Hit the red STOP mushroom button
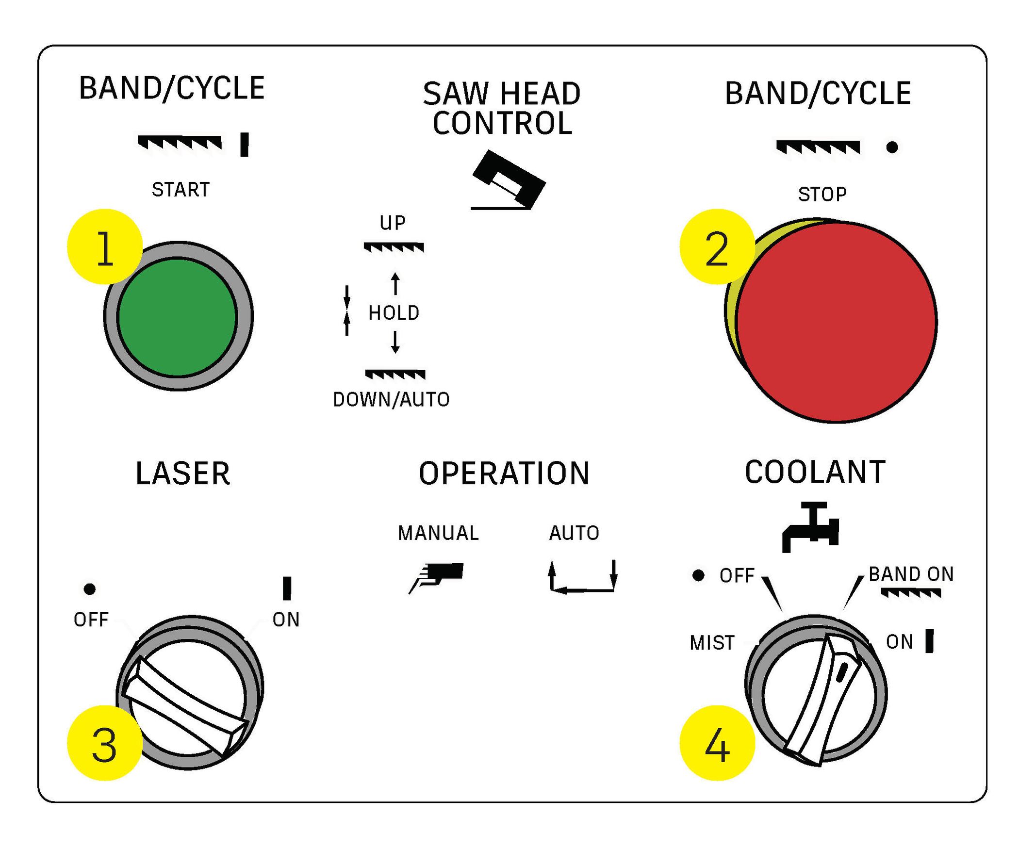(x=836, y=322)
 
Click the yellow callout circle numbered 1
(x=105, y=246)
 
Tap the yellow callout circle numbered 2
(x=717, y=246)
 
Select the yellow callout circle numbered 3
(x=105, y=742)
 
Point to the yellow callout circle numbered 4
(x=717, y=742)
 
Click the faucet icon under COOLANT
(x=810, y=527)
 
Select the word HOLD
(x=394, y=313)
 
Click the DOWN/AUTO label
(x=392, y=400)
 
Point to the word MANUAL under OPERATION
(x=438, y=533)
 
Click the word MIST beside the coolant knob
(x=712, y=643)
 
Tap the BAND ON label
(x=911, y=574)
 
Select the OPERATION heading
(x=504, y=473)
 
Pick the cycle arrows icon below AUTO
(x=583, y=577)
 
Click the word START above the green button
(x=181, y=190)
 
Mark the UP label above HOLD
(x=393, y=223)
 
